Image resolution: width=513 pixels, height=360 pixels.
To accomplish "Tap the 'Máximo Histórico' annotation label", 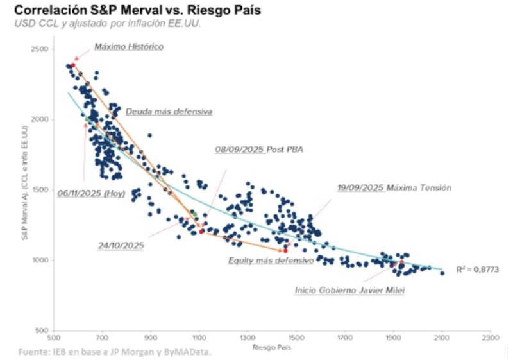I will pyautogui.click(x=129, y=47).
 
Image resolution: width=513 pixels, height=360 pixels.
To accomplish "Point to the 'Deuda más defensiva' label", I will pyautogui.click(x=169, y=112).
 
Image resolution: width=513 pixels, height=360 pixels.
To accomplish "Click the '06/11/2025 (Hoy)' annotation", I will pyautogui.click(x=91, y=193).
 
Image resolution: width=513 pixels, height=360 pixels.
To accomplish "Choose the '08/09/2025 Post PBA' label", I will pyautogui.click(x=258, y=150).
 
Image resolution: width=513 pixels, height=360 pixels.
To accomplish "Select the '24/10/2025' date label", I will pyautogui.click(x=121, y=245).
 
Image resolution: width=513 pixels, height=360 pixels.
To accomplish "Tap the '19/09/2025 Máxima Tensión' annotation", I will pyautogui.click(x=394, y=188).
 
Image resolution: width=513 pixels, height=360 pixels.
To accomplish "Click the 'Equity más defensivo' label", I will pyautogui.click(x=271, y=261).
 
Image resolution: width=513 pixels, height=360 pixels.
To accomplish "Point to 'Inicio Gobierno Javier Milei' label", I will pyautogui.click(x=349, y=290).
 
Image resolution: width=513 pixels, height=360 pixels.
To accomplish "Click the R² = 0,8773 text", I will pyautogui.click(x=478, y=269).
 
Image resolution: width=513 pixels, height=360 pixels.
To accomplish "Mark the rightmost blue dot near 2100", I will pyautogui.click(x=442, y=273).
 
